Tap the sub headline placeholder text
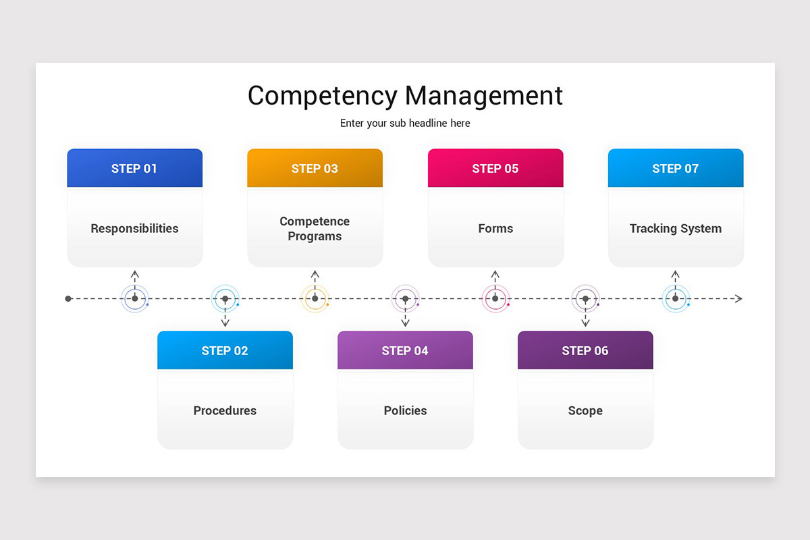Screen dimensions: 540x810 [405, 124]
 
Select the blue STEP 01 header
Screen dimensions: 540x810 [134, 169]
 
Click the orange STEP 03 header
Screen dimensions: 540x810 [315, 169]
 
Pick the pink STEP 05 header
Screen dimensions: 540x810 [495, 169]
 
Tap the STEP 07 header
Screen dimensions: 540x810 [675, 169]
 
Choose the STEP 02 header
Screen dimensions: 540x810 [225, 351]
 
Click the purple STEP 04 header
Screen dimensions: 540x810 [405, 351]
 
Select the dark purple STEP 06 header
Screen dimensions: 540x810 [585, 351]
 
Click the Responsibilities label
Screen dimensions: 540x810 [134, 229]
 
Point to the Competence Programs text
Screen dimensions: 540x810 [315, 229]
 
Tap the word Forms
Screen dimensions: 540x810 [495, 229]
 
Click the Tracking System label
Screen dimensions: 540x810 [675, 229]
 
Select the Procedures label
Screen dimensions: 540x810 [225, 410]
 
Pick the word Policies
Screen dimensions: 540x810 [405, 410]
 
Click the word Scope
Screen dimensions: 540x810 [585, 410]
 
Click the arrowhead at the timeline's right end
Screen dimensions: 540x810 [738, 298]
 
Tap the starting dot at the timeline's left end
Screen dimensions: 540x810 [68, 298]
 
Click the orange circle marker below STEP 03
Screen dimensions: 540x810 [315, 298]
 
